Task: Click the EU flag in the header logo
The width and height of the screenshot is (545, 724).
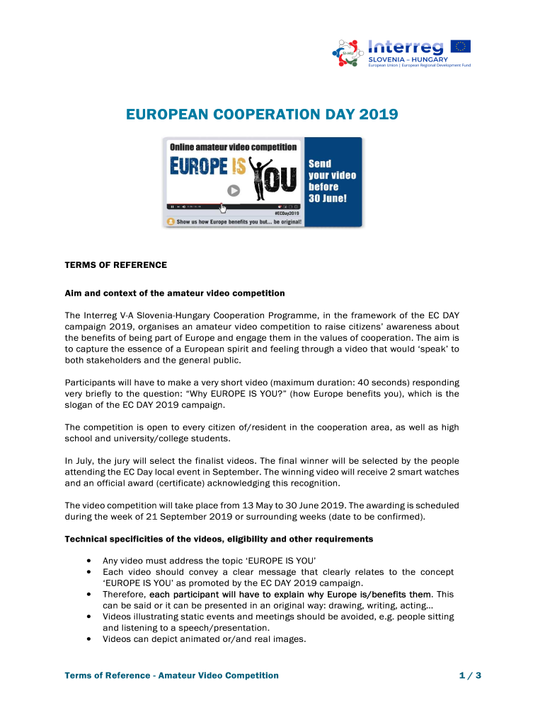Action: (461, 47)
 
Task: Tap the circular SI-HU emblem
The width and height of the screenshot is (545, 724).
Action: (348, 54)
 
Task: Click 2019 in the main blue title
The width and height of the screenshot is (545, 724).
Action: (379, 114)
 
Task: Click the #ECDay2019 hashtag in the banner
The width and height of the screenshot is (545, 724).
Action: (287, 212)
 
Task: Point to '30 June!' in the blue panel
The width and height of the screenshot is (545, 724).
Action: (327, 199)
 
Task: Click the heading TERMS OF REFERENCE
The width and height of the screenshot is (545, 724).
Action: (116, 265)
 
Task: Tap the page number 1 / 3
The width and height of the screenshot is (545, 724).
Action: (470, 676)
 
